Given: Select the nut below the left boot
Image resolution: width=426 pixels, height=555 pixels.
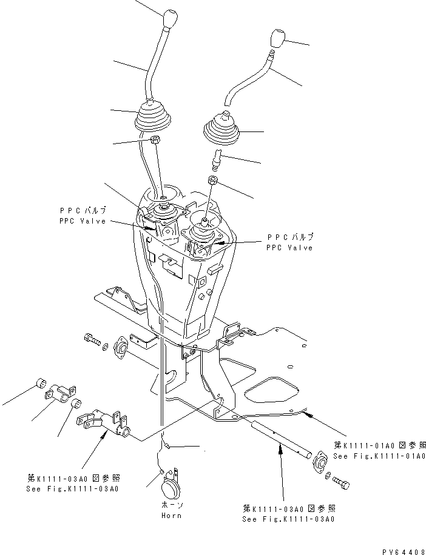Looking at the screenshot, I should pos(154,141).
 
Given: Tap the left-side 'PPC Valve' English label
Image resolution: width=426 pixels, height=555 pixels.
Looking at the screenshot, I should pos(83,221).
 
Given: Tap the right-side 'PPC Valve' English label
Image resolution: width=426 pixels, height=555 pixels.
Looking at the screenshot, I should pos(289,248).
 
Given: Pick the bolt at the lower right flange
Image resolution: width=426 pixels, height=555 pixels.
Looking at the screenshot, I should pos(342,483).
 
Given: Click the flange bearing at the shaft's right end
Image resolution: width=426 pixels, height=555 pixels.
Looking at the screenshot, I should pos(319,464).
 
